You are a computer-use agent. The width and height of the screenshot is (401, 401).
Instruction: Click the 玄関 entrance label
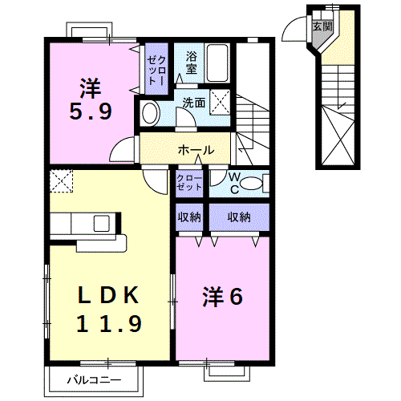pyautogui.click(x=322, y=26)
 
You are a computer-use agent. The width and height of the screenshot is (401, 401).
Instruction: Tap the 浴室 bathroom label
pyautogui.click(x=192, y=63)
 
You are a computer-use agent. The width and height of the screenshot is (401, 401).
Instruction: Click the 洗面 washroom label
pyautogui.click(x=193, y=103)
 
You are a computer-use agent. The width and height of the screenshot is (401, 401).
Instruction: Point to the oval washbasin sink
pyautogui.click(x=149, y=113)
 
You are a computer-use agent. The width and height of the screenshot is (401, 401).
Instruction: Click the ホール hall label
pyautogui.click(x=195, y=150)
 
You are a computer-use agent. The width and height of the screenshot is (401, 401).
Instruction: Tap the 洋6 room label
pyautogui.click(x=221, y=296)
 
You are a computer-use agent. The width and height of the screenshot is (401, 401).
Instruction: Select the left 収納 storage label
pyautogui.click(x=190, y=217)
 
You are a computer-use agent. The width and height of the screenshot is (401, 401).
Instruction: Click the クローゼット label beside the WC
pyautogui.click(x=189, y=181)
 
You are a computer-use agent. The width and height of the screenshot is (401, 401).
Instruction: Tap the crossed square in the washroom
pyautogui.click(x=221, y=102)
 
